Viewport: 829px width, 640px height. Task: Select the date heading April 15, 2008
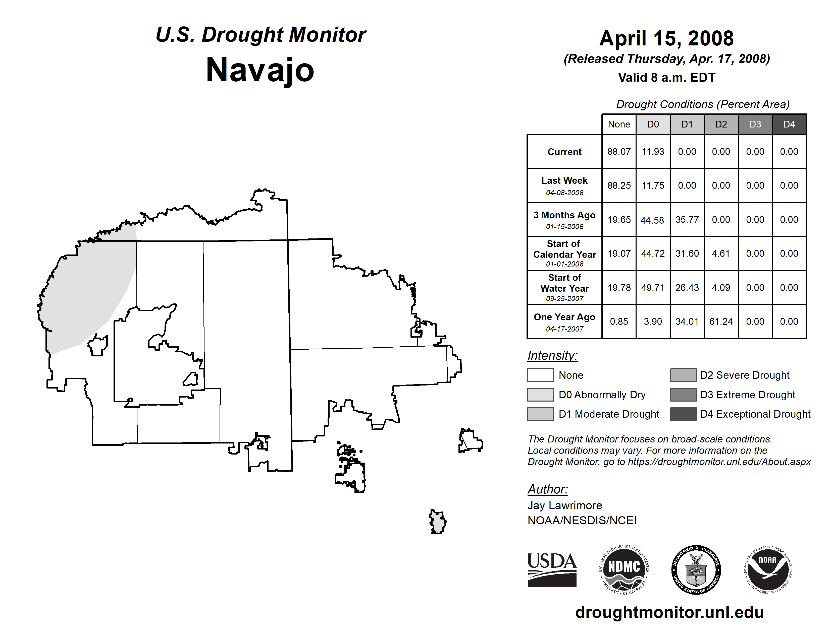(666, 39)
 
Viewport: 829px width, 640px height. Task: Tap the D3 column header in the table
(755, 124)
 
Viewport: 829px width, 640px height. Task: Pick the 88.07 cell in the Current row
(619, 152)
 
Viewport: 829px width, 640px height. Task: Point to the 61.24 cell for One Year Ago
(720, 322)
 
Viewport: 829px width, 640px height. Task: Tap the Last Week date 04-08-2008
(564, 193)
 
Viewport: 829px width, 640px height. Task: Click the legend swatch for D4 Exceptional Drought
(683, 414)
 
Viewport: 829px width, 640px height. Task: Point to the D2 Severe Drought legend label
(744, 375)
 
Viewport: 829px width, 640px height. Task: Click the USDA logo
(552, 569)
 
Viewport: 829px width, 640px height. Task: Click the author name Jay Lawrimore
(564, 505)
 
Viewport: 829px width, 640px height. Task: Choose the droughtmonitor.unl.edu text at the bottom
(669, 612)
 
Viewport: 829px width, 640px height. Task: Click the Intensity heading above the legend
(552, 356)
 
